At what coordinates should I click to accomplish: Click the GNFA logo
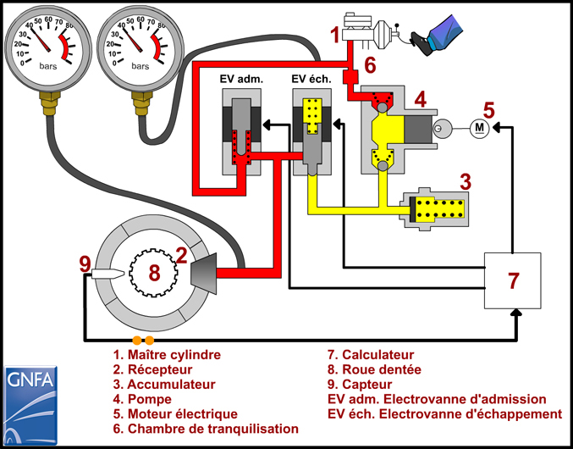[x=30, y=405]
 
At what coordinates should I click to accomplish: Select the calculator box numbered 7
[x=513, y=280]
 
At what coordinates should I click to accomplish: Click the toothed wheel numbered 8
[x=154, y=272]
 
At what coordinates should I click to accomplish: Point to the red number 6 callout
[x=370, y=66]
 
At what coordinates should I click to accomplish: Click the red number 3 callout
[x=465, y=181]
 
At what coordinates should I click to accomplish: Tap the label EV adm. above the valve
[x=241, y=79]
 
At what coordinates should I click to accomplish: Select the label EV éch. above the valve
[x=311, y=79]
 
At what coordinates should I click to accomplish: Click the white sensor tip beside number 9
[x=108, y=273]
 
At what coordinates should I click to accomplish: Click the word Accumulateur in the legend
[x=171, y=385]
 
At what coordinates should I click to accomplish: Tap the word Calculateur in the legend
[x=378, y=355]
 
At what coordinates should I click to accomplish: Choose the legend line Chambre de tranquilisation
[x=206, y=429]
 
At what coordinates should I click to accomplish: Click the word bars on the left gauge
[x=48, y=67]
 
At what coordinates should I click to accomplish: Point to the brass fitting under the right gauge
[x=140, y=103]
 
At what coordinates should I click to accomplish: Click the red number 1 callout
[x=335, y=36]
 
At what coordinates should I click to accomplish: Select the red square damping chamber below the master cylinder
[x=350, y=77]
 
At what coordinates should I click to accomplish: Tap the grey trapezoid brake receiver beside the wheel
[x=203, y=273]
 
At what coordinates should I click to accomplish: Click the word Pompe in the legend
[x=150, y=399]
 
